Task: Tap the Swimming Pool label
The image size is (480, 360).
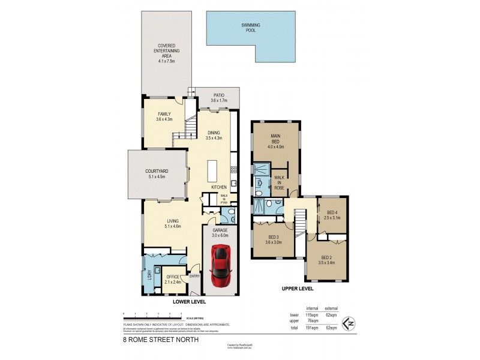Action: click(x=250, y=27)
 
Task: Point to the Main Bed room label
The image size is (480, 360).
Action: click(x=276, y=141)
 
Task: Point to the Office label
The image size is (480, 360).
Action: click(x=173, y=277)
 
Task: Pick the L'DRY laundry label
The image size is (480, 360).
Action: click(x=149, y=278)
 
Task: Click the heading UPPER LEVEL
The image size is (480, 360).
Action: click(x=298, y=289)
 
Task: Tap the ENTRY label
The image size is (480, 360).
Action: click(x=194, y=276)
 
